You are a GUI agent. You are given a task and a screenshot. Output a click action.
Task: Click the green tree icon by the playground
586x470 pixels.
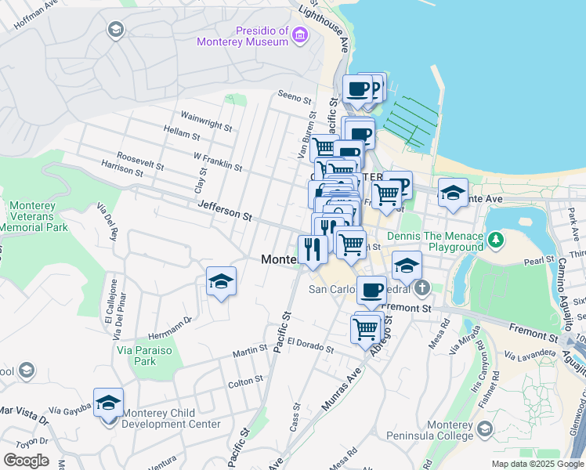(495, 238)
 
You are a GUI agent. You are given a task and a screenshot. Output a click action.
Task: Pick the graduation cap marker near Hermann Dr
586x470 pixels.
(222, 283)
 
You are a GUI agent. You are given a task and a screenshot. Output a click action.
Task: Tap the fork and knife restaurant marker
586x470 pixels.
(313, 250)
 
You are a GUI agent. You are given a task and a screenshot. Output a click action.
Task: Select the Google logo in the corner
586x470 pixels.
(26, 461)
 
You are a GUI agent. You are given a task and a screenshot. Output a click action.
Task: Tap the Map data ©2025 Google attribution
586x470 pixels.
(537, 464)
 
